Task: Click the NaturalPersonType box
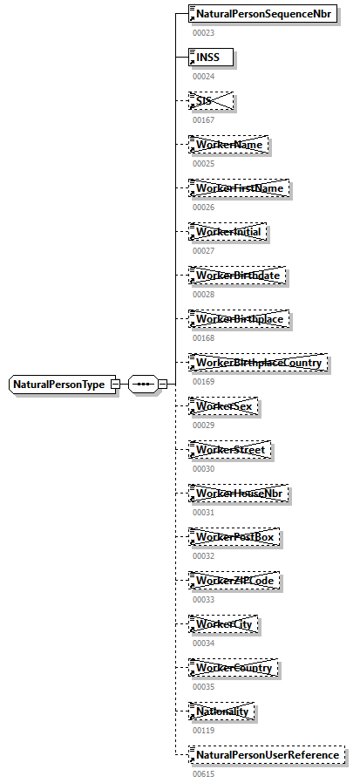point(58,384)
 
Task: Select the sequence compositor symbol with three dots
point(142,384)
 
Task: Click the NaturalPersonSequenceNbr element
point(263,14)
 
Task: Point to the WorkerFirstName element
point(240,188)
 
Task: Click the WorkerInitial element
point(228,232)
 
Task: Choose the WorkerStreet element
point(231,450)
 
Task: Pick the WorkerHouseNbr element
point(239,494)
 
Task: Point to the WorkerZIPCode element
point(235,581)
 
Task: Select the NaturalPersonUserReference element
point(267,754)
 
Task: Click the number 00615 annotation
point(203,773)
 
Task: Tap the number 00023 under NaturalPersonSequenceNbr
point(203,33)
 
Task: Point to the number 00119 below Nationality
point(203,731)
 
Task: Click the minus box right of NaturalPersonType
point(115,384)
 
